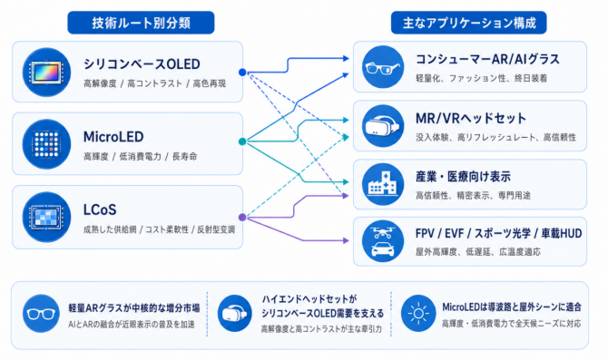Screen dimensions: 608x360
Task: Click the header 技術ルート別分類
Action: (141, 23)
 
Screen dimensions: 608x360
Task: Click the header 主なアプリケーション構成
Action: (469, 23)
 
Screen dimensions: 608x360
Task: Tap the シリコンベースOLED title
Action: (142, 64)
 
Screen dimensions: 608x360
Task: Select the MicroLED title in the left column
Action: (113, 137)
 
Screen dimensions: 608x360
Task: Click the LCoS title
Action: (100, 209)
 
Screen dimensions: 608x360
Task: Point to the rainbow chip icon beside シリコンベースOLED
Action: (46, 72)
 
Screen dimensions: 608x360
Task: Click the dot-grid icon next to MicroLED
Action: (46, 144)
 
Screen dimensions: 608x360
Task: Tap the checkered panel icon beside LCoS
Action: (46, 217)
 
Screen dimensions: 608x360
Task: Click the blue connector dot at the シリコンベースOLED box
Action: (242, 72)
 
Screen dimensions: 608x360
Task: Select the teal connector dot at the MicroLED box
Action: (242, 141)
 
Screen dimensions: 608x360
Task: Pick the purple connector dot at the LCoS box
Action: (242, 217)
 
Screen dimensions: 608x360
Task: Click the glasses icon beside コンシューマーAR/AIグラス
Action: (383, 67)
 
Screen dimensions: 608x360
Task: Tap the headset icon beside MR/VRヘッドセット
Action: (383, 126)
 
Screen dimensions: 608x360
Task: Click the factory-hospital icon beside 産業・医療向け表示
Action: (383, 184)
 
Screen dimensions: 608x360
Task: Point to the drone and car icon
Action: (383, 241)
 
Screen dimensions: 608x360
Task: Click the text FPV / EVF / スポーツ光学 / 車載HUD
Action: (499, 233)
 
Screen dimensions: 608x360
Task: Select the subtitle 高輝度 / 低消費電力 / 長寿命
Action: (141, 157)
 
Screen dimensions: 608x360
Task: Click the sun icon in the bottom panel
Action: (418, 313)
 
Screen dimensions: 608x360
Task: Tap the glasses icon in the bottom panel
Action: (41, 313)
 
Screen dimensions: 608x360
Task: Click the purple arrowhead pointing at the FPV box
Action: (346, 240)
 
